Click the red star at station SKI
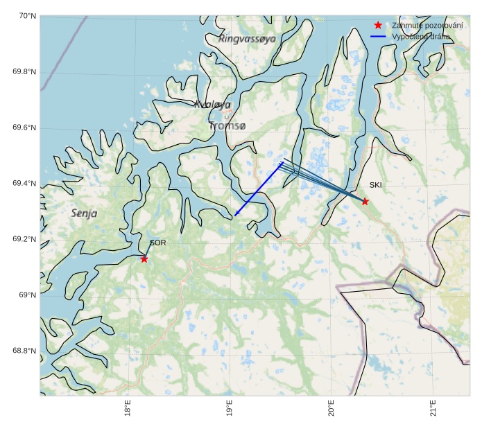click(x=365, y=201)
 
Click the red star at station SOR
click(x=144, y=259)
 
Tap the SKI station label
click(x=375, y=185)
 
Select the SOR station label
click(x=157, y=243)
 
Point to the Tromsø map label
click(x=227, y=126)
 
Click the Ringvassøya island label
click(x=247, y=39)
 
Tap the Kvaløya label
click(x=212, y=105)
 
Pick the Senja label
click(x=84, y=213)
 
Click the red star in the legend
click(x=378, y=25)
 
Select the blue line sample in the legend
click(x=378, y=36)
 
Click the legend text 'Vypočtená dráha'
click(x=421, y=36)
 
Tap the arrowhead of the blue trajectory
click(x=236, y=214)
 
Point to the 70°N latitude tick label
click(x=25, y=16)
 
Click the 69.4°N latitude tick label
click(x=24, y=184)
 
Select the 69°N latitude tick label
click(x=26, y=295)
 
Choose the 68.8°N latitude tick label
click(x=24, y=351)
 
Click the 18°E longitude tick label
click(x=128, y=408)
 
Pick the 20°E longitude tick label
click(x=332, y=408)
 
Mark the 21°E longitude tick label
click(x=433, y=408)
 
